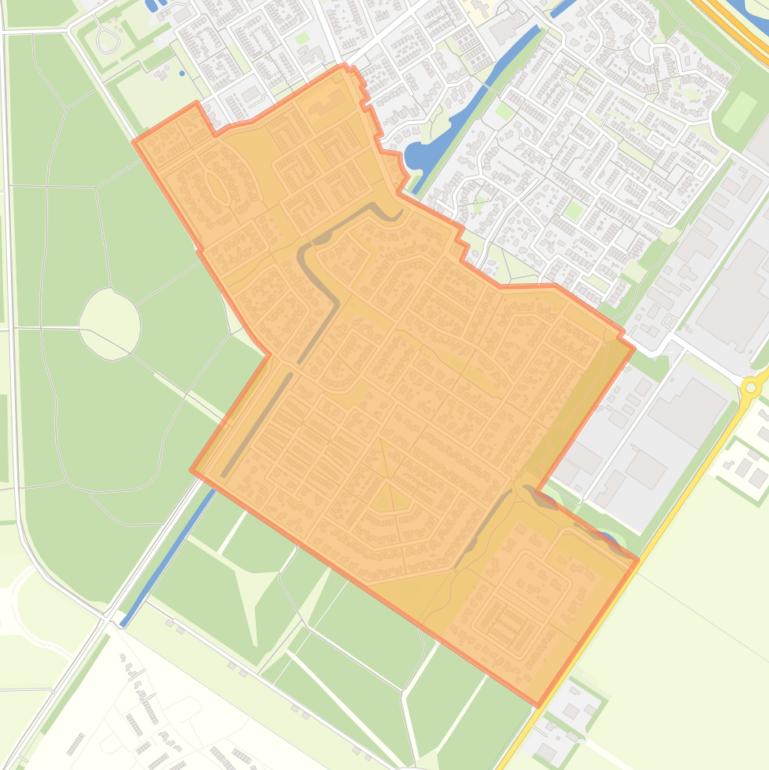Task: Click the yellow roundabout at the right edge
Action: click(751, 387)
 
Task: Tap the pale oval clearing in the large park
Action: click(110, 322)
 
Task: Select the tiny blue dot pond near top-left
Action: click(182, 73)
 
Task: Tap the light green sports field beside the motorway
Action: click(738, 112)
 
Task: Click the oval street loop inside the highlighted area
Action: click(217, 186)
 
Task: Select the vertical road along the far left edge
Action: click(10, 300)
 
